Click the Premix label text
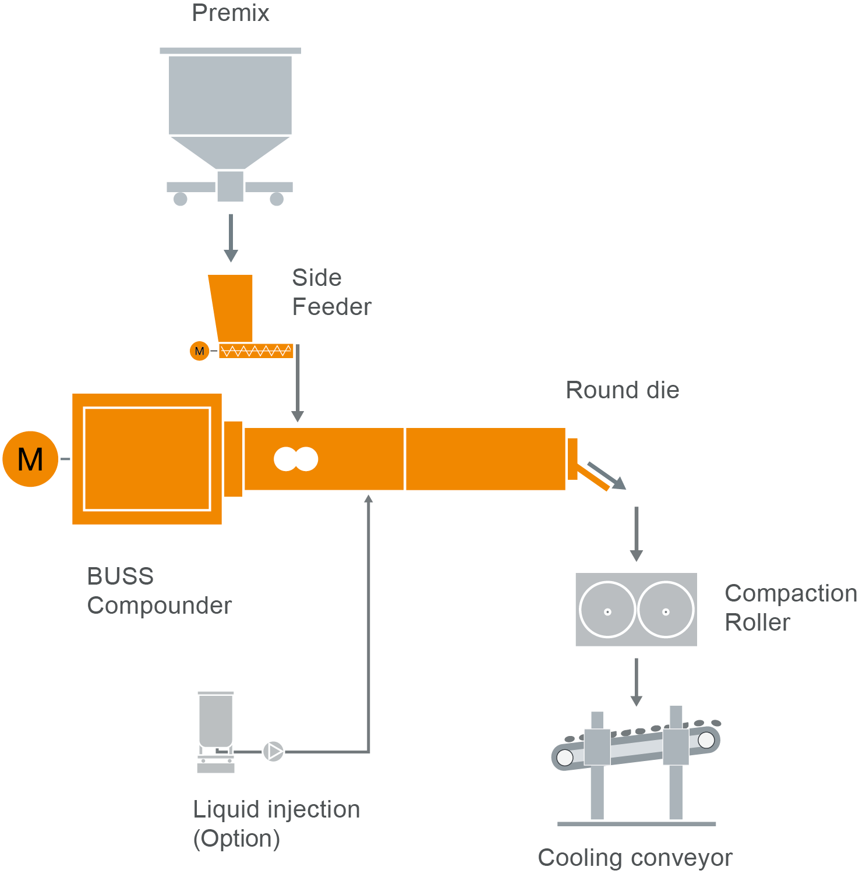click(231, 13)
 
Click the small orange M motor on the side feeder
click(199, 351)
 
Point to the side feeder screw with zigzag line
click(256, 351)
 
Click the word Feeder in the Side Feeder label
click(331, 307)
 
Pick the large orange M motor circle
click(30, 459)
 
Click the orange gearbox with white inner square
click(147, 459)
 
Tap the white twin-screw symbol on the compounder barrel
click(296, 459)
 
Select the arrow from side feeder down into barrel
click(298, 384)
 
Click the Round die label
click(623, 390)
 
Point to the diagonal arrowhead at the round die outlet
click(618, 483)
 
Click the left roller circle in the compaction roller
click(607, 610)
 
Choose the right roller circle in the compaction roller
click(666, 610)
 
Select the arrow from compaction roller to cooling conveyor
click(637, 681)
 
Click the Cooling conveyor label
click(635, 858)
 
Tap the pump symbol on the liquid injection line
click(273, 751)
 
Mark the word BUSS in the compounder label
click(120, 576)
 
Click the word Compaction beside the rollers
click(790, 593)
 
